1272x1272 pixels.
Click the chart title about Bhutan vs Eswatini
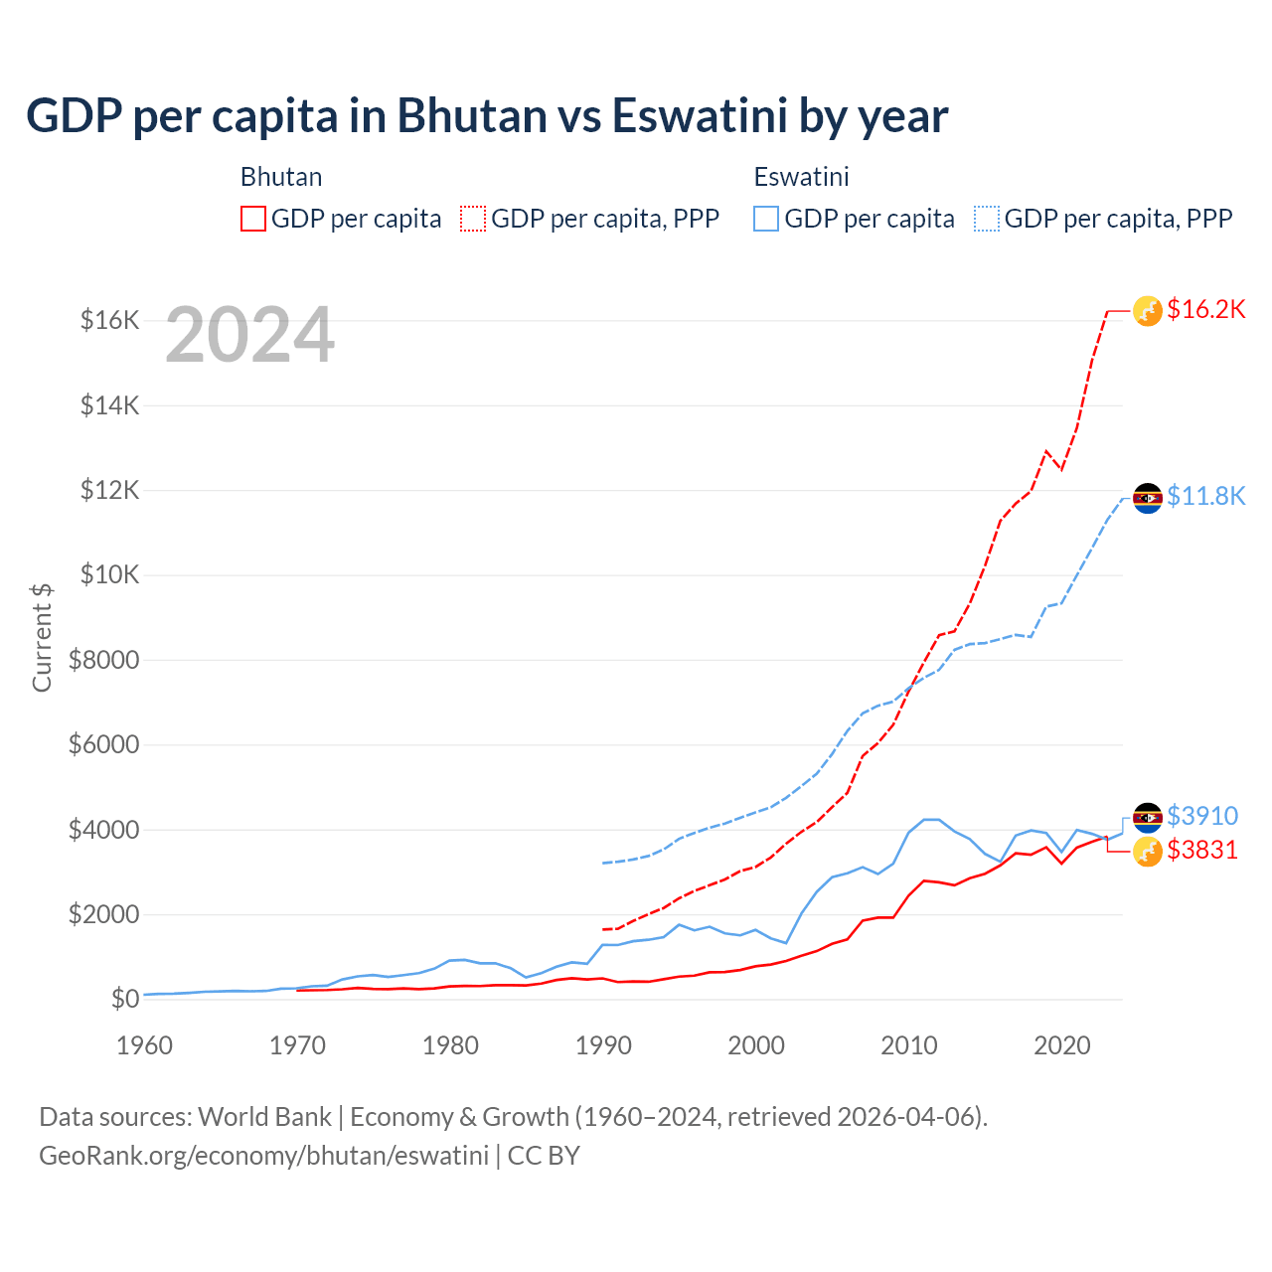pos(487,116)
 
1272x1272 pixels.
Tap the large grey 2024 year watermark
pos(249,336)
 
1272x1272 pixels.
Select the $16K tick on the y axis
pos(109,320)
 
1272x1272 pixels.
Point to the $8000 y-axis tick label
pos(103,660)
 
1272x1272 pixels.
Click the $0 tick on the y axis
pos(124,999)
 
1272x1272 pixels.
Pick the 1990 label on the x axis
pos(603,1045)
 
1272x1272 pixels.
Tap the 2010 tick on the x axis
pos(909,1045)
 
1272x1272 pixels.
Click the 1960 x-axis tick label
pos(145,1045)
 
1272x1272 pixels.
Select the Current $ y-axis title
pos(42,637)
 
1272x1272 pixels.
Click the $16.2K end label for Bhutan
pos(1205,309)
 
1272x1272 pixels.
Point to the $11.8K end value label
pos(1205,496)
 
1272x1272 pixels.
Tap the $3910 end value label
pos(1202,816)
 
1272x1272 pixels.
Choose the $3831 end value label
pos(1202,850)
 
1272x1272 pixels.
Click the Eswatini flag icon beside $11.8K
pos(1148,498)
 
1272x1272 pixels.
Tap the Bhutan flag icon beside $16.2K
pos(1148,311)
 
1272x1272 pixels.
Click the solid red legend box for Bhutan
pos(253,219)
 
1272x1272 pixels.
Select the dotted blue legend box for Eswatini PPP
pos(987,219)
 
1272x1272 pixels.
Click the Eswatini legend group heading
pos(801,177)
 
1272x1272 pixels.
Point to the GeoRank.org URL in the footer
pos(263,1156)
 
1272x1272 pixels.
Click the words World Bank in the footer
pos(264,1117)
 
